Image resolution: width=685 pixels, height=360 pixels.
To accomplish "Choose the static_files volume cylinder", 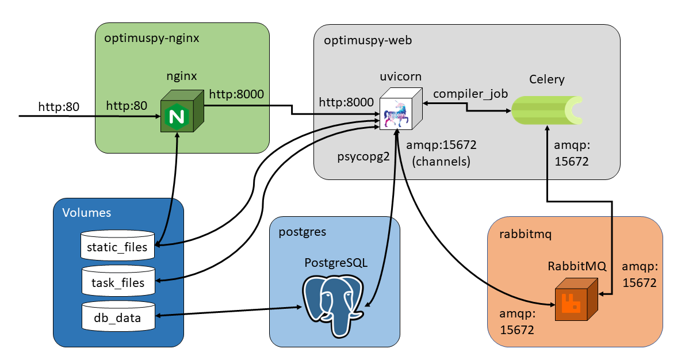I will [118, 243].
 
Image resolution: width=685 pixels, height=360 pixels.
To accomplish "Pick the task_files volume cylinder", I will [118, 278].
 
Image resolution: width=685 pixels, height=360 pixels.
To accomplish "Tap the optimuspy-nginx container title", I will [152, 39].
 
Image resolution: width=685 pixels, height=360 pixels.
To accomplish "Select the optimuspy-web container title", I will [368, 40].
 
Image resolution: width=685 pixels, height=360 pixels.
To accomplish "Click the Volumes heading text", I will [86, 213].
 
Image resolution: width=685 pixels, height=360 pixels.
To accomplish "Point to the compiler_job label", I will [470, 93].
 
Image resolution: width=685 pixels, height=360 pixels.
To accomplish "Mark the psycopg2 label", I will [360, 156].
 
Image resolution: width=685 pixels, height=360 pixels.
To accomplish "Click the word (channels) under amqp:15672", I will [442, 162].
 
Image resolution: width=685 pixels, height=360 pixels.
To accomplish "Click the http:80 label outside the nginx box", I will [59, 106].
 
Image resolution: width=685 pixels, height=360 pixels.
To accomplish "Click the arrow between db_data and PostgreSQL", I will [230, 311].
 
